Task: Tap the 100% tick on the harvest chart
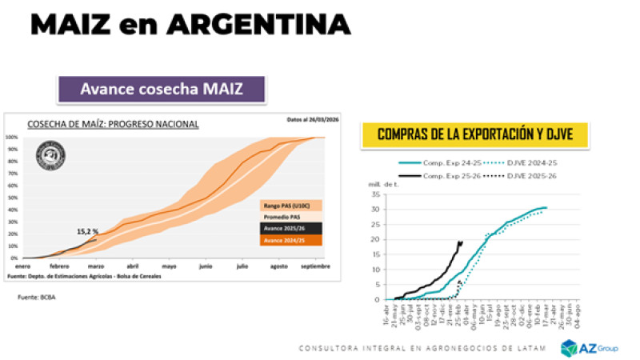(13, 138)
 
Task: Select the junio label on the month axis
(205, 266)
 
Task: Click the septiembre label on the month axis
(314, 266)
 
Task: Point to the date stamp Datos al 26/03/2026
(313, 120)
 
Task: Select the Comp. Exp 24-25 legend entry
(447, 162)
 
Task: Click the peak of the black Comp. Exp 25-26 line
(461, 242)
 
